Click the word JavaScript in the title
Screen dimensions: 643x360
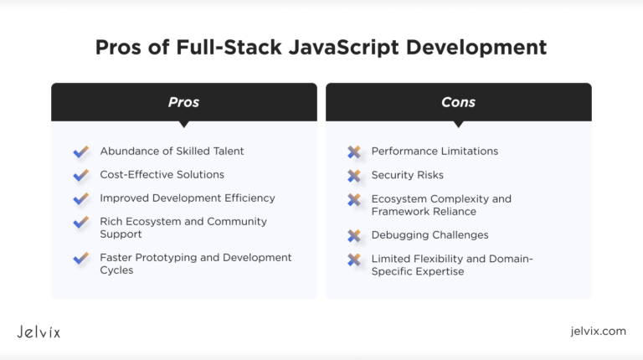(343, 48)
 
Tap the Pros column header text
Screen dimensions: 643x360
(183, 102)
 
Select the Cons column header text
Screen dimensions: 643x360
(459, 102)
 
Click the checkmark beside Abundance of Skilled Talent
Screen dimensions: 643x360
(81, 152)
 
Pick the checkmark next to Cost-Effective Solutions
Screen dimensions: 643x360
(81, 175)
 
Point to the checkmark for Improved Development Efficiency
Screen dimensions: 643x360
(81, 198)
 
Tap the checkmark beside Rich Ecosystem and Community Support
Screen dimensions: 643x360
(81, 222)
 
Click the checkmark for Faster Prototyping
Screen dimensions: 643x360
(81, 258)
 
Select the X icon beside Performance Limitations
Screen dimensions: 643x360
(354, 152)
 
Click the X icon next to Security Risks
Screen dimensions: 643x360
(354, 176)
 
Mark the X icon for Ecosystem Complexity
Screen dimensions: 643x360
(354, 200)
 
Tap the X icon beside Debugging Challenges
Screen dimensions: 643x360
(354, 235)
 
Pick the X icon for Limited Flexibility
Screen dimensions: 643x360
(354, 260)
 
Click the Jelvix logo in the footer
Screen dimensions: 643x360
(39, 332)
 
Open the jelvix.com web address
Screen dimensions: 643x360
(599, 331)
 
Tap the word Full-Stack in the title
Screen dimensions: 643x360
(229, 47)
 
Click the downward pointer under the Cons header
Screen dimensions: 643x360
(459, 124)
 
